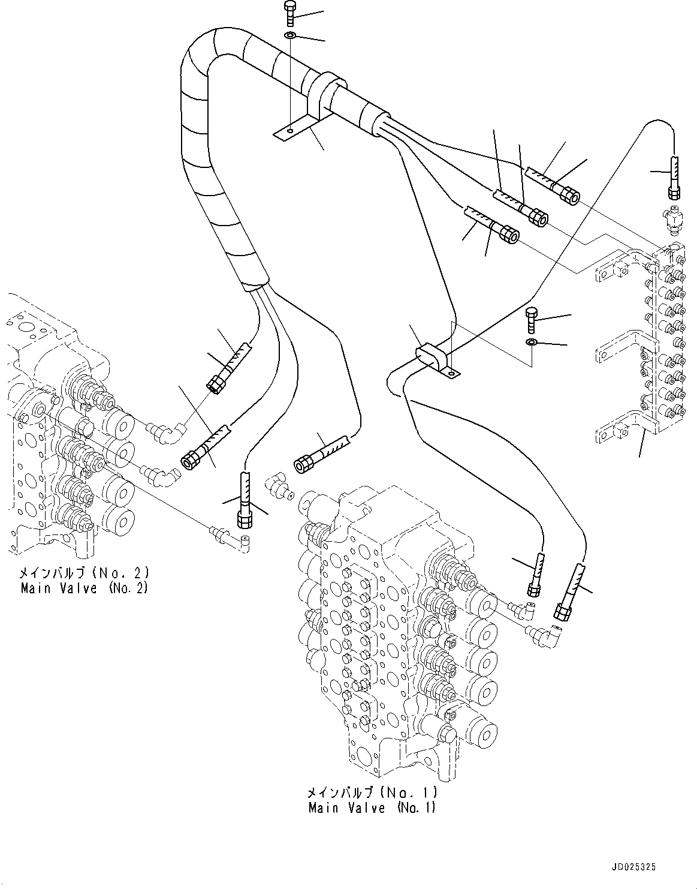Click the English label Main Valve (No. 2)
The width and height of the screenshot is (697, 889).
coord(84,588)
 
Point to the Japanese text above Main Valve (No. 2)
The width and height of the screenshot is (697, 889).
coord(84,572)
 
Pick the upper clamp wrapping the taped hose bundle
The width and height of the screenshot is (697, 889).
coord(324,93)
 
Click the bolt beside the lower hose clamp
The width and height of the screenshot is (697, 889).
coord(532,320)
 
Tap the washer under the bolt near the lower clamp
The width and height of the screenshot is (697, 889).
coord(532,342)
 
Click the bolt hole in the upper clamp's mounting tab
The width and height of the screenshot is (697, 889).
coord(289,131)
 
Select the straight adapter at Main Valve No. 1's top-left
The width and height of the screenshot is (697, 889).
coord(279,484)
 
